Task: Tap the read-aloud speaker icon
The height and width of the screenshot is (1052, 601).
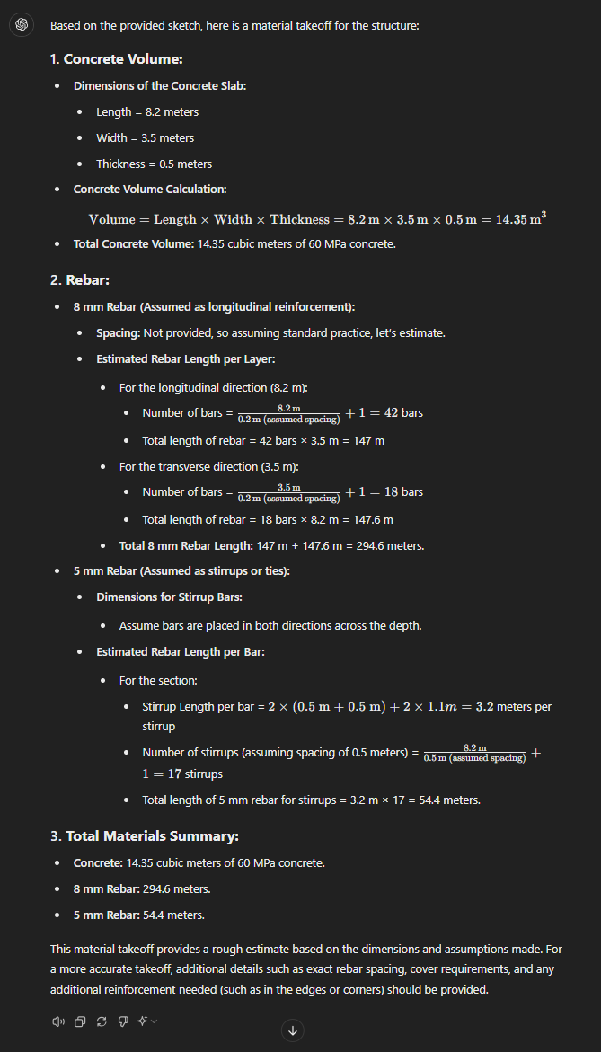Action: (58, 1021)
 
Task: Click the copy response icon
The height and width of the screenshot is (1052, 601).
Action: (80, 1021)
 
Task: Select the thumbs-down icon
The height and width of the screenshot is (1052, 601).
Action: (122, 1021)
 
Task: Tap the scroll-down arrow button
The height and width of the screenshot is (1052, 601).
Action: (293, 1030)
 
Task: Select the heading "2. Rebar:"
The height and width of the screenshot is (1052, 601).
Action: (80, 280)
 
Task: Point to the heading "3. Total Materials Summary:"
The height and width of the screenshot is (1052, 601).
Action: (144, 836)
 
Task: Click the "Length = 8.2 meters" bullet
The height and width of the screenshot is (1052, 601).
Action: (147, 112)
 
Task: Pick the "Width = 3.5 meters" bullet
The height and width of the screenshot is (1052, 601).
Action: (145, 138)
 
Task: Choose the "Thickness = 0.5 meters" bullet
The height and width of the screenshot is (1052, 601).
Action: (154, 164)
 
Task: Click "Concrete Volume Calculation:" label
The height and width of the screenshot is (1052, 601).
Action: (150, 190)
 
